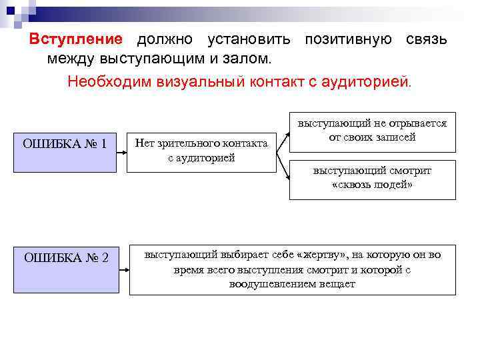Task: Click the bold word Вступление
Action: point(75,39)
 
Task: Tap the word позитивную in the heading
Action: point(348,39)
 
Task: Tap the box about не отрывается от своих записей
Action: point(372,131)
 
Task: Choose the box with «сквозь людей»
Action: point(372,179)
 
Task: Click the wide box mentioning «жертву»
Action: point(292,269)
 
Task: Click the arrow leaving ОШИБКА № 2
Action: point(123,270)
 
